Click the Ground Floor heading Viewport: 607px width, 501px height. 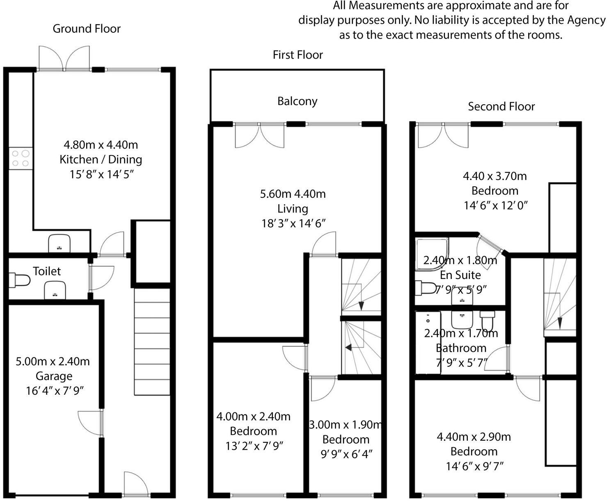87,29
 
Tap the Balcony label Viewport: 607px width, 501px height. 297,101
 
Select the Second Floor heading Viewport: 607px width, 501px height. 501,107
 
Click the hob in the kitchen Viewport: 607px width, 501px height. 21,158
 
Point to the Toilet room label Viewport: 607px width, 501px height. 47,271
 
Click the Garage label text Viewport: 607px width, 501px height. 54,376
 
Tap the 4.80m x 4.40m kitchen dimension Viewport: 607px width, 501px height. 101,145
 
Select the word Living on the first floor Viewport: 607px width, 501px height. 293,208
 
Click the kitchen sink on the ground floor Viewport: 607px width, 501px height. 60,243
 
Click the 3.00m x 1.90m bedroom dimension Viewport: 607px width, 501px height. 346,425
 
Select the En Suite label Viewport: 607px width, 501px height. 460,275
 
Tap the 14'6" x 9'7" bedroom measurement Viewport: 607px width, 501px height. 474,466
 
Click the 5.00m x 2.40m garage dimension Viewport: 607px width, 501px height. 53,361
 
